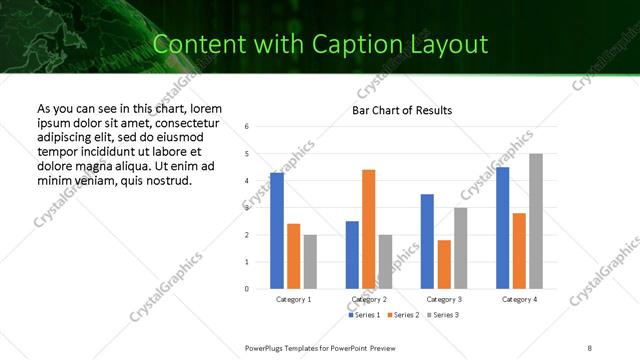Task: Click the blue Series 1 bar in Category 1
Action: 277,231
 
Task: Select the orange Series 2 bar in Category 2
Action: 368,229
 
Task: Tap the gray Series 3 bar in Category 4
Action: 535,221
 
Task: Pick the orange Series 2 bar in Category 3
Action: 443,264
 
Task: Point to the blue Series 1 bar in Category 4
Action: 502,228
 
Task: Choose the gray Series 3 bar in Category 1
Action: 310,262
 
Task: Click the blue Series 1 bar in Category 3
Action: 427,241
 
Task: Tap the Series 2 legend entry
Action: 402,315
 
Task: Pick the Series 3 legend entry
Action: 442,315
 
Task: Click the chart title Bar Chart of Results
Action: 402,110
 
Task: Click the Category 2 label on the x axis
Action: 368,299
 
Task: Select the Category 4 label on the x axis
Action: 518,299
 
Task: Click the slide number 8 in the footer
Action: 590,347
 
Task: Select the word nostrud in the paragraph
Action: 167,180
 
